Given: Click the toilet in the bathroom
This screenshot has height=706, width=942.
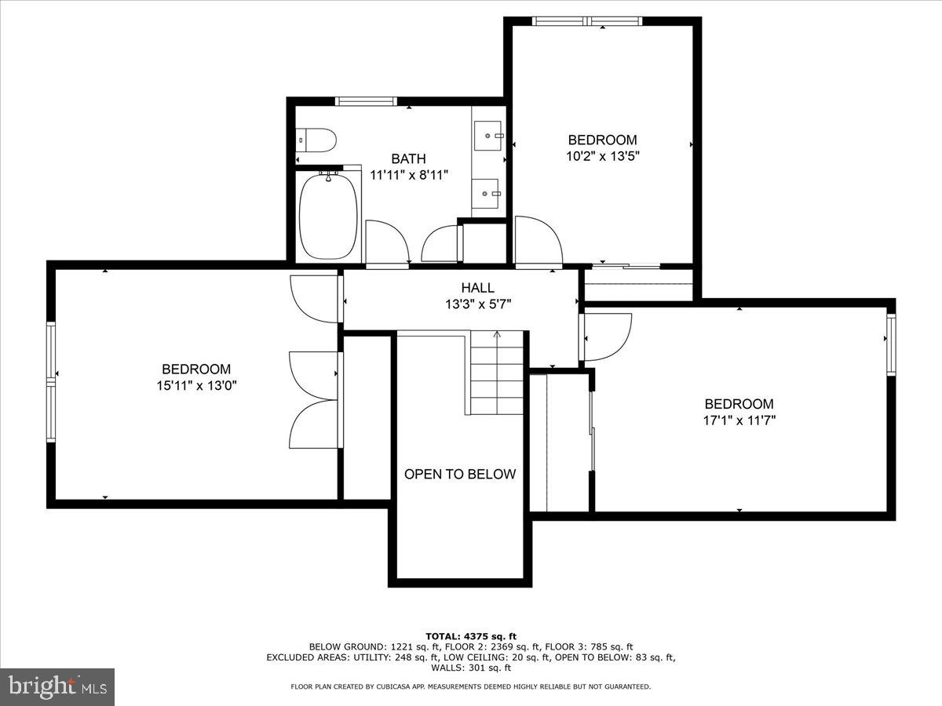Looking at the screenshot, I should point(318,140).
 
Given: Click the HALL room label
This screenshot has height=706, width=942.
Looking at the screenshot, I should point(477,289).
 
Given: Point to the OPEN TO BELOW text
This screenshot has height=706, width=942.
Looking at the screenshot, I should point(460,474).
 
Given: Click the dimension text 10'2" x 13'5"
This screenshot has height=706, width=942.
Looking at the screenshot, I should point(603,156).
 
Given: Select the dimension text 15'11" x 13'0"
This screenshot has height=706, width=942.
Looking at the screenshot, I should point(196,385).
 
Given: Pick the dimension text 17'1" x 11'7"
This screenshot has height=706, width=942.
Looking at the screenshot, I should point(739,420).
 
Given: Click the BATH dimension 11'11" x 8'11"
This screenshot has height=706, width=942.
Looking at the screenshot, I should point(409,175).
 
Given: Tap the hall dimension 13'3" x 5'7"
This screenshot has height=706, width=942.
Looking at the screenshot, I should point(479,304).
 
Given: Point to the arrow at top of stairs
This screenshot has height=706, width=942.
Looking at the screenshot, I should point(496,335).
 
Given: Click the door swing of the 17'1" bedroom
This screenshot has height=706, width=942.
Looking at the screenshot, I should point(606,336).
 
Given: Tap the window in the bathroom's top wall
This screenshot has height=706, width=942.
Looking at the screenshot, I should point(365,101).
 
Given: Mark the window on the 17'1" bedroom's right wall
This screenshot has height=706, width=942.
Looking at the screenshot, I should point(891,344).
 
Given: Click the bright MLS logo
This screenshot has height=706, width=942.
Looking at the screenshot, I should point(57,687).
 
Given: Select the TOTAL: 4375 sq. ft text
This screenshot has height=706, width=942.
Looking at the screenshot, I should point(470,636).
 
